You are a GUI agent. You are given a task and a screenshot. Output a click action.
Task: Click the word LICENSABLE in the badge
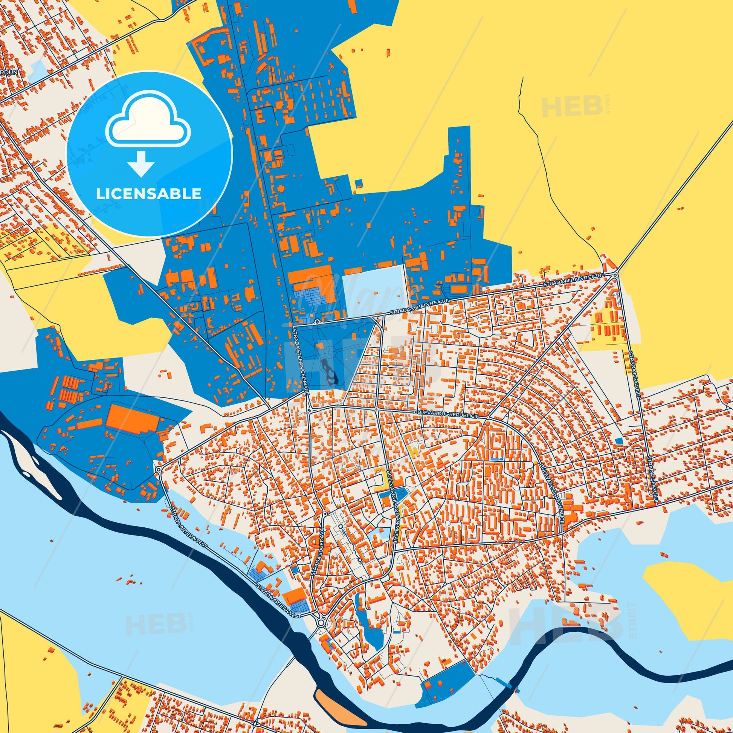[149, 194]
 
